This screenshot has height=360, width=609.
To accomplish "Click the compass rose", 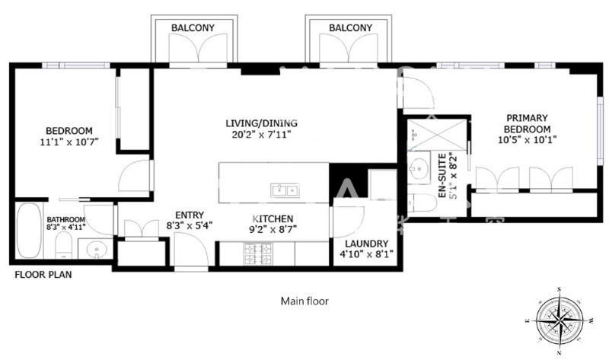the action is (x=560, y=320).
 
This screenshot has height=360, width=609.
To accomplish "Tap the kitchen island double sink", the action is (x=285, y=190).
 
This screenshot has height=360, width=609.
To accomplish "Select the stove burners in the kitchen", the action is (x=258, y=253).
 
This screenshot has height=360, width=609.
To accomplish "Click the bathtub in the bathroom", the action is (x=29, y=231).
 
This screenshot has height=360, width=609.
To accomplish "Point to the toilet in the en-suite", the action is (x=422, y=202).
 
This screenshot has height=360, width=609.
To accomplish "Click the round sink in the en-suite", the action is (x=419, y=169).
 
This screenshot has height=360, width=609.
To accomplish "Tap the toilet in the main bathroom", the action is (x=63, y=246).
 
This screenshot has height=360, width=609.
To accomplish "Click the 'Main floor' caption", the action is (x=304, y=301).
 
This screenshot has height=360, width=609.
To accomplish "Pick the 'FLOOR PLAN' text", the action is (x=43, y=275).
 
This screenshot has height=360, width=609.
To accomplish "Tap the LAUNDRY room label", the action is (x=367, y=244).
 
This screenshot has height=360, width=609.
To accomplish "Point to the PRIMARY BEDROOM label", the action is (x=527, y=123).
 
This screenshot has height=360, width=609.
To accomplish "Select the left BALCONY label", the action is (x=193, y=28).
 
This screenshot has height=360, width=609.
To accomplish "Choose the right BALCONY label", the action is (x=350, y=28).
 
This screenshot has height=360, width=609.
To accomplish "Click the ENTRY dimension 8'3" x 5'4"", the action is (x=190, y=225).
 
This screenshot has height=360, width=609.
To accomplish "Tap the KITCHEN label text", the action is (x=273, y=218).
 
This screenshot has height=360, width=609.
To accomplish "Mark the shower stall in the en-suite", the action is (x=437, y=135).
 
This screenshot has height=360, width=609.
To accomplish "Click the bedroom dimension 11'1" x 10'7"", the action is (x=69, y=142).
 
